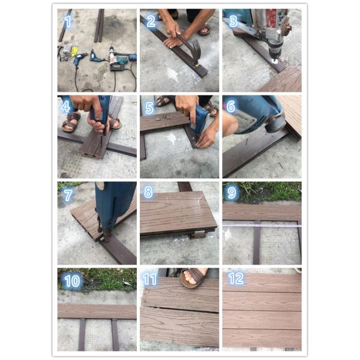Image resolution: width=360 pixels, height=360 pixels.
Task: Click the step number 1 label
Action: click(68, 22)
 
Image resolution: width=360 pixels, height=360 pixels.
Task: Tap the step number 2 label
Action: click(151, 22)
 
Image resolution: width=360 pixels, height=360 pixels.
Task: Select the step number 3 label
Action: click(233, 21)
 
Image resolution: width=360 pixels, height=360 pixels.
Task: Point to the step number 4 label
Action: click(65, 107)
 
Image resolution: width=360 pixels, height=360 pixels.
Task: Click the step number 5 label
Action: click(149, 108)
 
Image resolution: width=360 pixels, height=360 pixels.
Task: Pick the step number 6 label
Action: click(231, 106)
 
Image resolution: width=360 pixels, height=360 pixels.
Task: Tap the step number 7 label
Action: click(68, 196)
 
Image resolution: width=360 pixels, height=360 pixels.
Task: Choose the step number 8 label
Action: click(148, 192)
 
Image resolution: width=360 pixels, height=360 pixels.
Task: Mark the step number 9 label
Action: click(232, 193)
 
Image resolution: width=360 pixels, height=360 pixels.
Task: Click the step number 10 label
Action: click(73, 281)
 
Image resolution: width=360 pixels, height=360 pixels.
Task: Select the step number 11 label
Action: click(149, 280)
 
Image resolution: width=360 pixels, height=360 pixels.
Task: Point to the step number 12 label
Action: click(236, 278)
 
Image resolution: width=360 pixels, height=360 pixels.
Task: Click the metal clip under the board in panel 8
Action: click(197, 235)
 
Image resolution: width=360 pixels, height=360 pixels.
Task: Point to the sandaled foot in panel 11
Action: click(194, 277)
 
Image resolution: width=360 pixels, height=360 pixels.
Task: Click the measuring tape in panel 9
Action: click(262, 225)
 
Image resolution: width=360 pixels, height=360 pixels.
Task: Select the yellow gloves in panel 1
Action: click(74, 52)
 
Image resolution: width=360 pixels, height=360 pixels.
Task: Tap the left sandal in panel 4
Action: click(71, 122)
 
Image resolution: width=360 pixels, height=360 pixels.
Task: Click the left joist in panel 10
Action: click(82, 335)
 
